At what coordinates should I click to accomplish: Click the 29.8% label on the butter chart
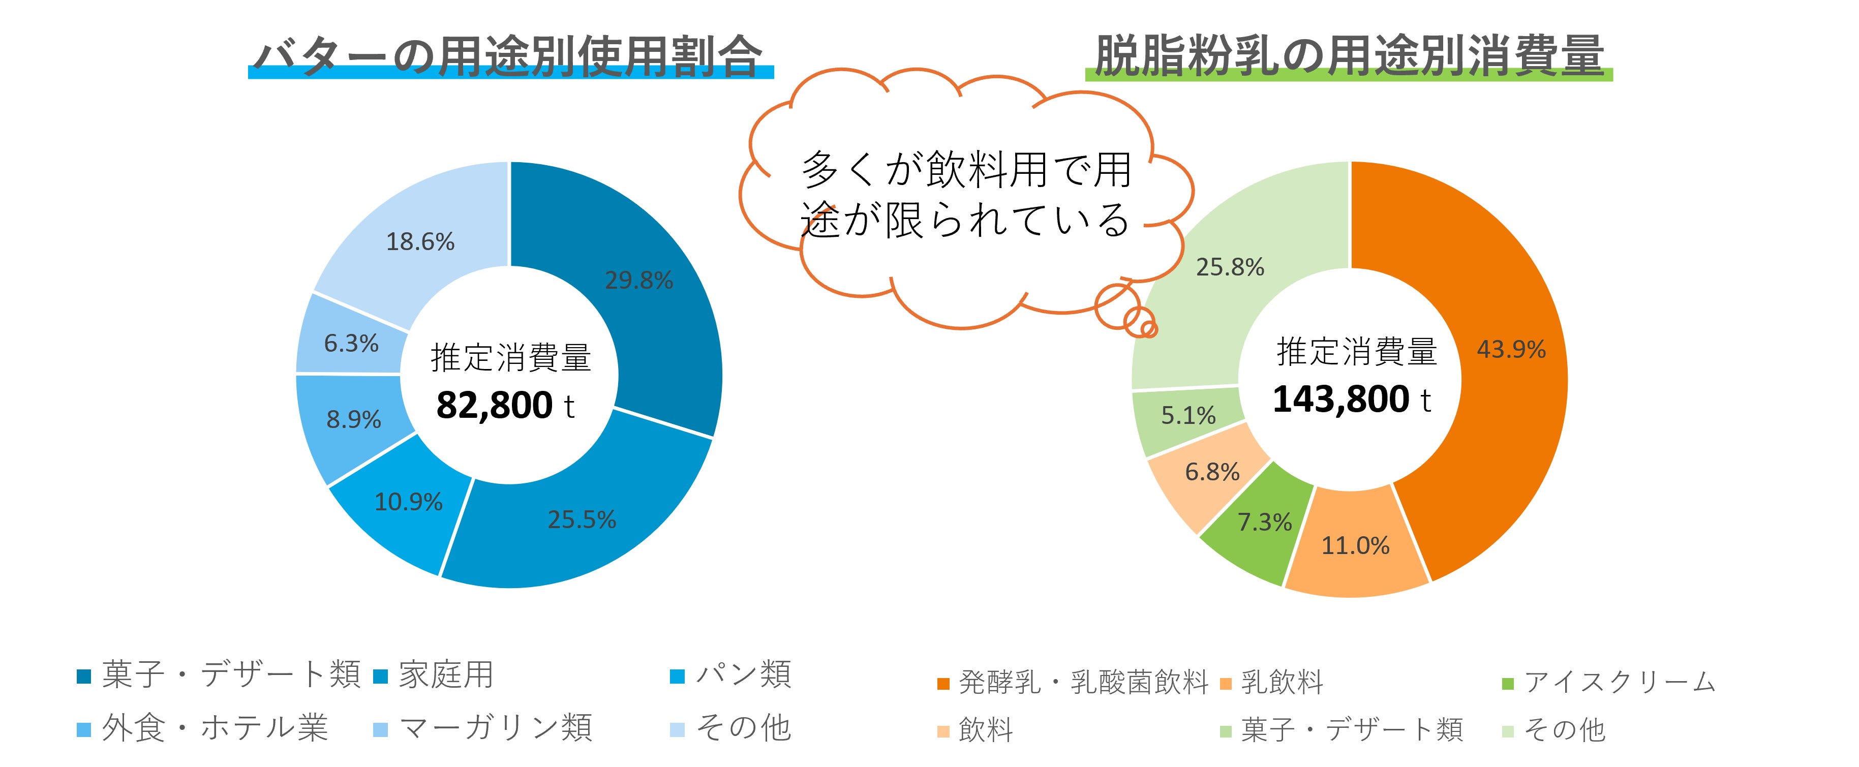638,280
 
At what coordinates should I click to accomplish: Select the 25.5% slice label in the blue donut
582,519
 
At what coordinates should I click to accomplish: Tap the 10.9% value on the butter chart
409,502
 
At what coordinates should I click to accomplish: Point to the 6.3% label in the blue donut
351,344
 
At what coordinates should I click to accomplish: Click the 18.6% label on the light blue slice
420,242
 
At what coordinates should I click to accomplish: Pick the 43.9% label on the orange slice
1511,349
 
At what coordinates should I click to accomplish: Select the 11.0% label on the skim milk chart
1355,545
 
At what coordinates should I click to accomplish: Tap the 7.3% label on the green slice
1264,521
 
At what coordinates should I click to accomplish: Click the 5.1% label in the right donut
1188,416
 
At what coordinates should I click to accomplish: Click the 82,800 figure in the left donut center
494,406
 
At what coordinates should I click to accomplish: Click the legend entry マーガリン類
495,728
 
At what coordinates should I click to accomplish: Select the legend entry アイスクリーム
1620,682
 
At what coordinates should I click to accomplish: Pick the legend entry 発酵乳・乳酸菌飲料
1082,682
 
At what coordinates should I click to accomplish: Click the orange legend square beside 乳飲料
1226,683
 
